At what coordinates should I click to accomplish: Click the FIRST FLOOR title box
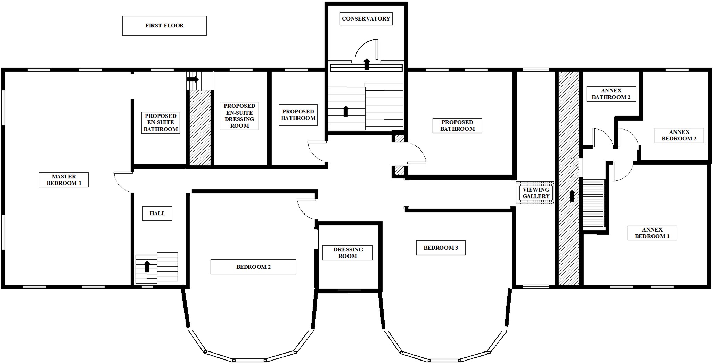click(164, 26)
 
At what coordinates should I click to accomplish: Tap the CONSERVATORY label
click(366, 19)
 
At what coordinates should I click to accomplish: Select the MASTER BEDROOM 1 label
click(64, 180)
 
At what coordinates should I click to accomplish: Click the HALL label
click(157, 213)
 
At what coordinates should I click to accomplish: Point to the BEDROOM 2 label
click(253, 267)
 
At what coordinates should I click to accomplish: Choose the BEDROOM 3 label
click(441, 248)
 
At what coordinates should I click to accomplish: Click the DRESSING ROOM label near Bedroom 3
click(347, 253)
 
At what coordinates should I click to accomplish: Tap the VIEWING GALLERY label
click(536, 193)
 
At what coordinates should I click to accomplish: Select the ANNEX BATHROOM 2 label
click(611, 94)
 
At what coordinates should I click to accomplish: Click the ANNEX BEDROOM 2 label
click(679, 135)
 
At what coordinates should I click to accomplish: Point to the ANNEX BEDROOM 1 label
click(652, 233)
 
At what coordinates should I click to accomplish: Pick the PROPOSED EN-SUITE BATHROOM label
click(161, 122)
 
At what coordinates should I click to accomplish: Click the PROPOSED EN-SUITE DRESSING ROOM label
click(239, 116)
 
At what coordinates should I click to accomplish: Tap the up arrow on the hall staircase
click(147, 266)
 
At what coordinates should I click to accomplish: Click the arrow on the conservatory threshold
click(367, 64)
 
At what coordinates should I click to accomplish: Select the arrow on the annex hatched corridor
click(572, 196)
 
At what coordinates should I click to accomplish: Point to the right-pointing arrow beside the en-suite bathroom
click(192, 79)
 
